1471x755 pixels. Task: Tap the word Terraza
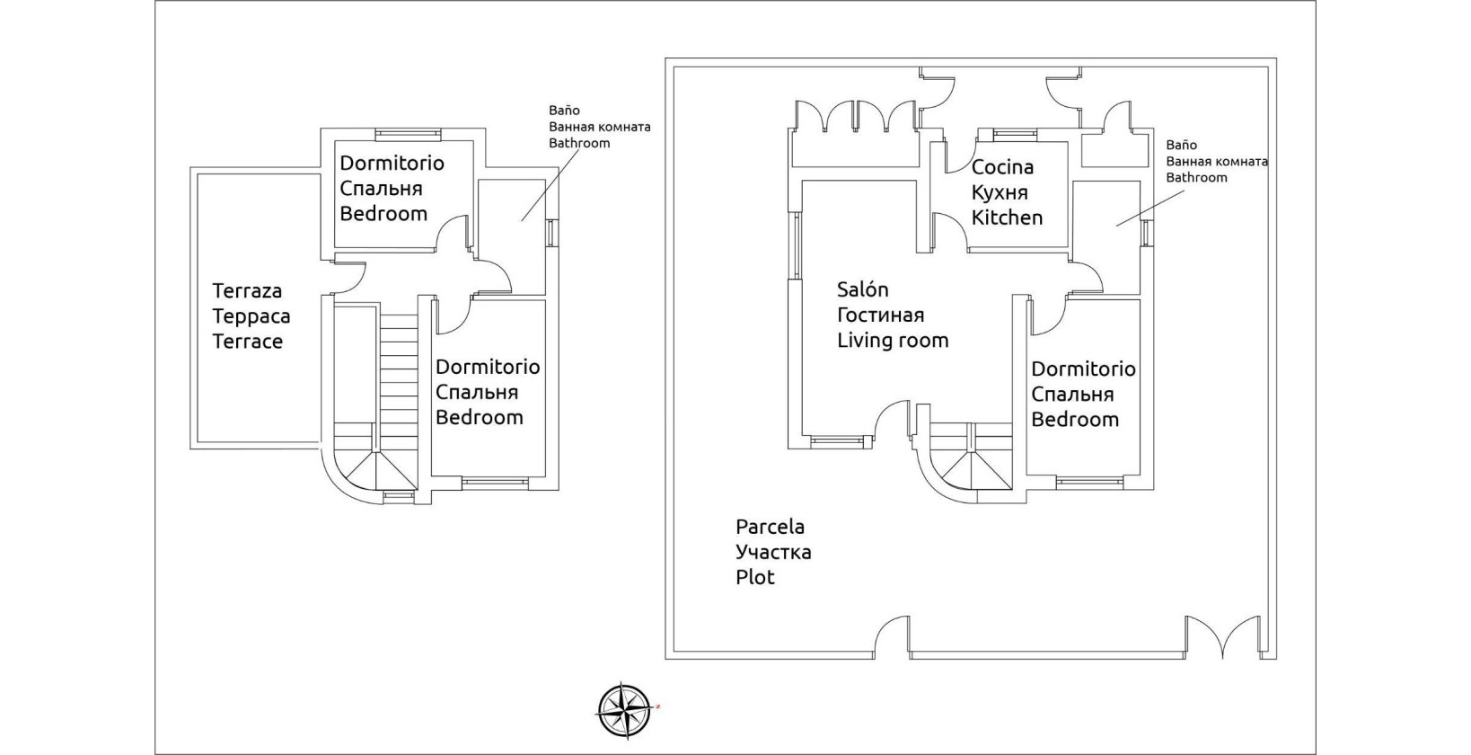pyautogui.click(x=247, y=291)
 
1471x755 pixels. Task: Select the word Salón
pyautogui.click(x=862, y=289)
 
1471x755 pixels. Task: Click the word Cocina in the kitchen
pyautogui.click(x=1002, y=167)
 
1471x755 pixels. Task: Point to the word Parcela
pyautogui.click(x=770, y=527)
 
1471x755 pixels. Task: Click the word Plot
pyautogui.click(x=754, y=577)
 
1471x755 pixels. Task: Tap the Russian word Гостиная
pyautogui.click(x=880, y=315)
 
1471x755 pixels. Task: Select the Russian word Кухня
pyautogui.click(x=1000, y=192)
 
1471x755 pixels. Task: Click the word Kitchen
pyautogui.click(x=1007, y=218)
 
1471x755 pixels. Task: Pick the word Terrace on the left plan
pyautogui.click(x=247, y=342)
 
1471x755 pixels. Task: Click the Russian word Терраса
pyautogui.click(x=251, y=316)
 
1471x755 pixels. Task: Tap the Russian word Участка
pyautogui.click(x=773, y=552)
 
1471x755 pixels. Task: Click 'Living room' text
pyautogui.click(x=893, y=341)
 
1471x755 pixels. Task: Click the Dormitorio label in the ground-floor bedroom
pyautogui.click(x=1083, y=369)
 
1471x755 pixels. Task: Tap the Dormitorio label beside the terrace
pyautogui.click(x=392, y=164)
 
